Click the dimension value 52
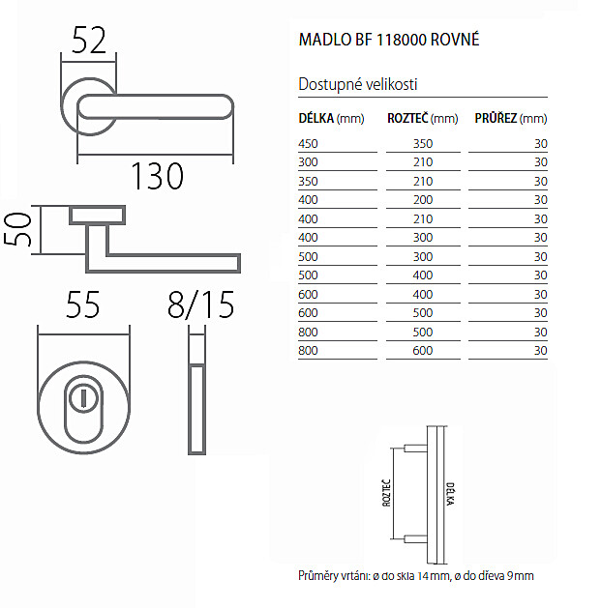click(x=89, y=41)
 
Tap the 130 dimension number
click(x=157, y=176)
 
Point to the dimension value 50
click(x=17, y=229)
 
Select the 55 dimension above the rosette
click(x=83, y=304)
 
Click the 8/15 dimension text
click(x=200, y=305)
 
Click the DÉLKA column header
click(x=316, y=118)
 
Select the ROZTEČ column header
click(x=407, y=118)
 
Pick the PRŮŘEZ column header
click(x=496, y=118)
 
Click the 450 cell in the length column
click(x=308, y=144)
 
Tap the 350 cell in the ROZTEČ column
click(x=423, y=144)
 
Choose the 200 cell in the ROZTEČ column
click(x=423, y=200)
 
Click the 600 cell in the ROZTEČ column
click(x=423, y=351)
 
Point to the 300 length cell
click(x=308, y=162)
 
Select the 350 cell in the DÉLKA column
click(x=308, y=182)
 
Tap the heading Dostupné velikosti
click(x=357, y=84)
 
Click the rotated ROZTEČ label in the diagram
click(x=387, y=493)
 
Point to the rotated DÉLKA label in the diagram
click(x=450, y=494)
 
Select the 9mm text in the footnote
click(x=521, y=576)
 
